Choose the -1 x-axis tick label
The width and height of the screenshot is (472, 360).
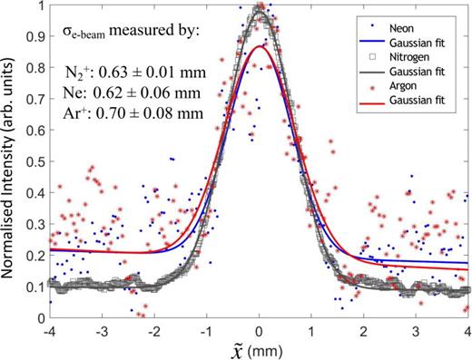click(x=207, y=330)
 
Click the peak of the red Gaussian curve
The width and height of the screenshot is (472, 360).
click(x=260, y=46)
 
